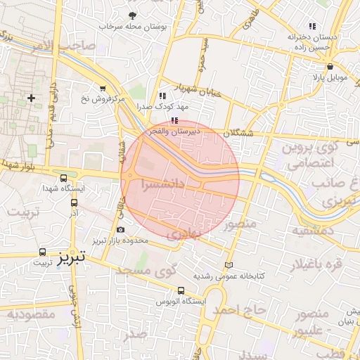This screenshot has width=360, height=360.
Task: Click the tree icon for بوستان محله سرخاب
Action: coord(132,15)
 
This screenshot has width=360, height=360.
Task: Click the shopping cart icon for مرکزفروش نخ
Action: coord(104,89)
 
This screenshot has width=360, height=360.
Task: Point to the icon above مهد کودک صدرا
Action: coord(163,96)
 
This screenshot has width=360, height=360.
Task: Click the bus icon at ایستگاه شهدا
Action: coord(64,179)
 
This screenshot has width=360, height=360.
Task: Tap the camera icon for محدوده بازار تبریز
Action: coord(120,230)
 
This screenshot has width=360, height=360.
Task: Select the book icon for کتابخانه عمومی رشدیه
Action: coord(228,265)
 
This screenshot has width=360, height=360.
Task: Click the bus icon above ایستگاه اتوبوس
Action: coord(181,290)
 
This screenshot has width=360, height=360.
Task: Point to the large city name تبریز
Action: coord(72,257)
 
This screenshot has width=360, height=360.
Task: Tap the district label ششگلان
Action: coord(240,132)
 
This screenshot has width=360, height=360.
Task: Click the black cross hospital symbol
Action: coord(31,97)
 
